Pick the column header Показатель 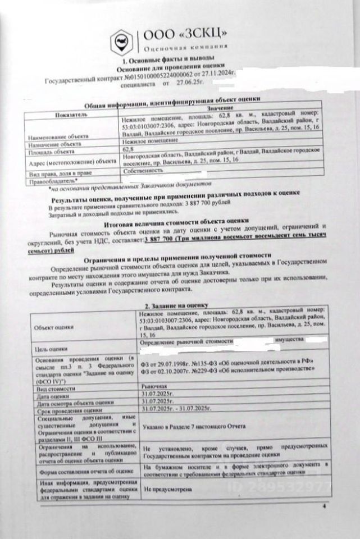[x=71, y=114]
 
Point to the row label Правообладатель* [x=51, y=181]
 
